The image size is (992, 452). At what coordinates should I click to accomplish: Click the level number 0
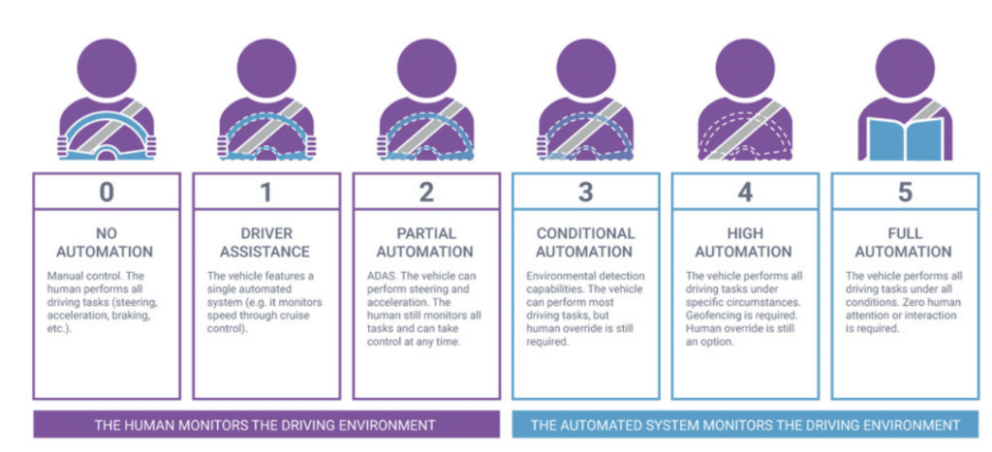point(107,192)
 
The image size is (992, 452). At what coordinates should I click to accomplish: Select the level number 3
point(585,192)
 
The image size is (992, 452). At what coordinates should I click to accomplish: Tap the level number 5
point(904,192)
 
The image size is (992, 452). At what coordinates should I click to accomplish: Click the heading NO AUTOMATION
point(107,242)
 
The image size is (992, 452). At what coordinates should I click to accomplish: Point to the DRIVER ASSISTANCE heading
point(266,242)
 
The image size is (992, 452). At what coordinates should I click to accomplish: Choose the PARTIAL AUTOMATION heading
point(426,242)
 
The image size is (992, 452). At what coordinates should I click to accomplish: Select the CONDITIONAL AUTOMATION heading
point(585,242)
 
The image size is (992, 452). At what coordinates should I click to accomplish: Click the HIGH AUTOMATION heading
point(745,242)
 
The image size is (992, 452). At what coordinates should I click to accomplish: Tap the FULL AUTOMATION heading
point(904,242)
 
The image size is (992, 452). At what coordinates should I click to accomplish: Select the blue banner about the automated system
point(745,425)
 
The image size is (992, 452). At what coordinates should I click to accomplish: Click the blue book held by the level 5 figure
point(904,136)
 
